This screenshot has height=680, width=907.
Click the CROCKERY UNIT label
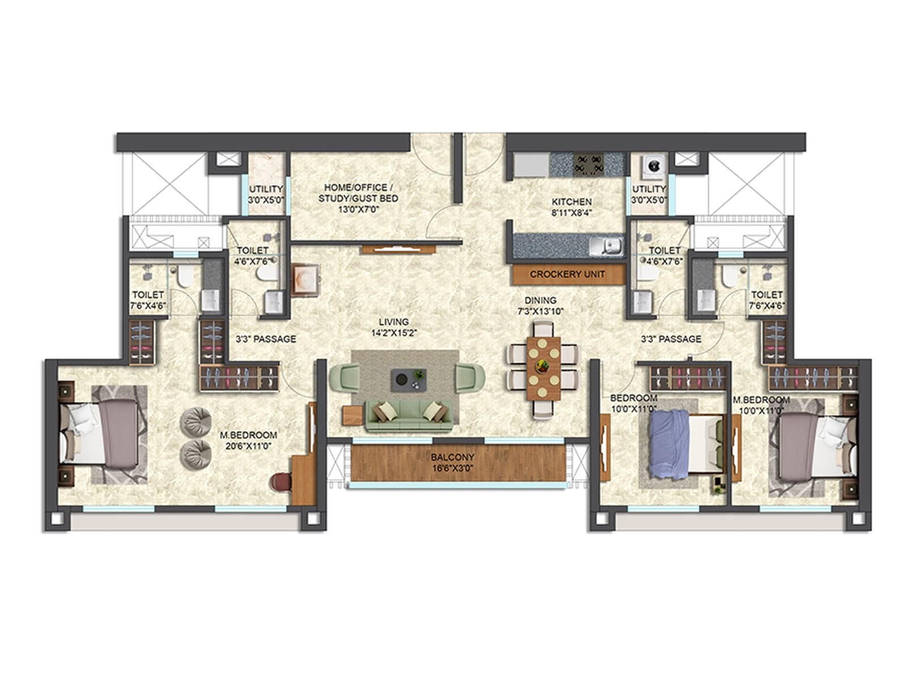567,274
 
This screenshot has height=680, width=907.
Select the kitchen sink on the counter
607,246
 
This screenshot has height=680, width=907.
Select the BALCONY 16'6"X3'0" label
452,462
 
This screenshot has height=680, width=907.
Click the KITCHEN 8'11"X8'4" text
572,207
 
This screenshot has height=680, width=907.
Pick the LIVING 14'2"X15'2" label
393,328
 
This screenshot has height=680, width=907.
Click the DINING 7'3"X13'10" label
540,305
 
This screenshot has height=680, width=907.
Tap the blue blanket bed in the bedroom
686,444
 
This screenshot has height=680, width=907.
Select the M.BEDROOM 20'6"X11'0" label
248,440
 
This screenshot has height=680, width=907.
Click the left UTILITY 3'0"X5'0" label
266,194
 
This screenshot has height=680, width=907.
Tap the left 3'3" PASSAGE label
266,339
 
